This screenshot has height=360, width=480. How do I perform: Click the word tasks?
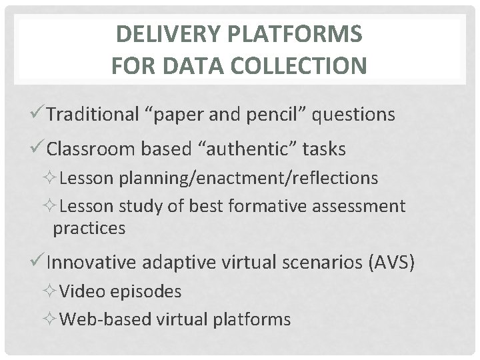(x=324, y=149)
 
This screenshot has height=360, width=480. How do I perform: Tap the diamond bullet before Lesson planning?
(x=53, y=178)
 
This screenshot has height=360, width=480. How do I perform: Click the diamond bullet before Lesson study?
(x=53, y=207)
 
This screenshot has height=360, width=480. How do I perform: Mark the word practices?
(x=89, y=228)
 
